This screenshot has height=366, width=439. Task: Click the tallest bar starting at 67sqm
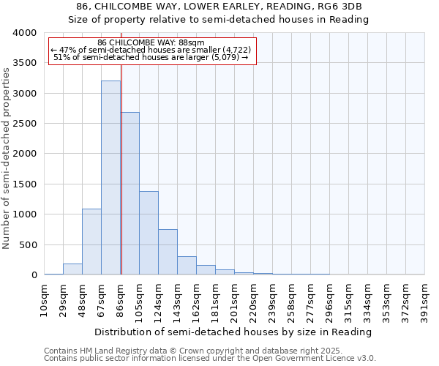[x=110, y=178]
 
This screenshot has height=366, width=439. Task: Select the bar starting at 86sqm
[x=130, y=194]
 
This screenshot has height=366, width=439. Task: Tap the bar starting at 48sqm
[x=91, y=242]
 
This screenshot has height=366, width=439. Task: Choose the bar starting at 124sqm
[x=168, y=252]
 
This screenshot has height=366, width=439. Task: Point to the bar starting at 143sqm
[x=187, y=266]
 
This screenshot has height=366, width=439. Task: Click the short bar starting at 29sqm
[x=72, y=269]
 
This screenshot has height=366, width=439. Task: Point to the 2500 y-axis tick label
[x=24, y=124]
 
